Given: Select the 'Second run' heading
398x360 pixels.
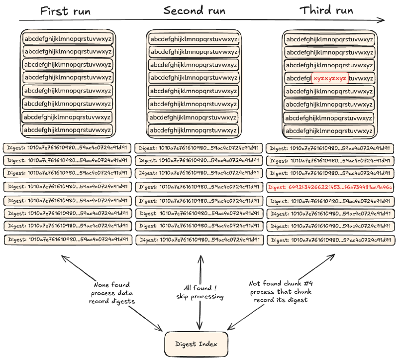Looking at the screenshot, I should [194, 10].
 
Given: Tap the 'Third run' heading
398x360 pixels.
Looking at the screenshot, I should [326, 10].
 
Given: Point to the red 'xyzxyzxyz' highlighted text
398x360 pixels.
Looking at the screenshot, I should [330, 78].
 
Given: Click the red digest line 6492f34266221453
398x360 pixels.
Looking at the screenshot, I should [330, 187].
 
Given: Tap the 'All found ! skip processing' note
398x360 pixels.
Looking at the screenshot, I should [200, 292].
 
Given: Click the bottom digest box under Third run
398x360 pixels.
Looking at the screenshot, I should [330, 240].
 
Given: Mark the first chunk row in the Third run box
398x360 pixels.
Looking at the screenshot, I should [329, 39].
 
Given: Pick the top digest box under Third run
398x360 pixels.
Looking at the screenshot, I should [330, 148].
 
